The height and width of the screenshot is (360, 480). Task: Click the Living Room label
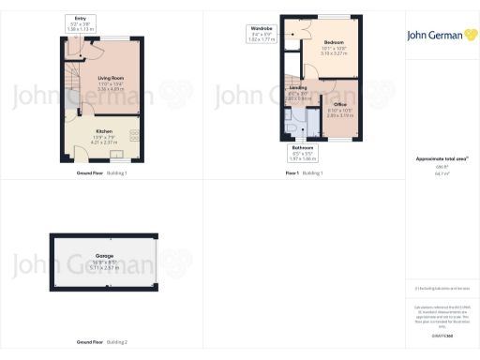tap(112, 78)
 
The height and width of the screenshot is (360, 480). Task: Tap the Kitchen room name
tap(104, 130)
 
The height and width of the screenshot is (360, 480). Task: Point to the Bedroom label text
tap(334, 43)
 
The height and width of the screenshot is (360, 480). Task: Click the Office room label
tap(340, 104)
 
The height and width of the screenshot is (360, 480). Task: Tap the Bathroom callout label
tap(302, 148)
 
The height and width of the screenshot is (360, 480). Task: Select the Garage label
tap(104, 255)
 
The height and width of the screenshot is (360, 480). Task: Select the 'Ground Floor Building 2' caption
tap(102, 342)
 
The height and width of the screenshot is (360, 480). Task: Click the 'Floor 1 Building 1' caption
tap(304, 173)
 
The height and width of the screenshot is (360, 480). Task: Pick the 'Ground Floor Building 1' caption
tap(102, 173)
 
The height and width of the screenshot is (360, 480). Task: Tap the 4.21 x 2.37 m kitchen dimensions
tap(104, 142)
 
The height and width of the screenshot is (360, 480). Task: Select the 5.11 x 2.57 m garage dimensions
tap(104, 267)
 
